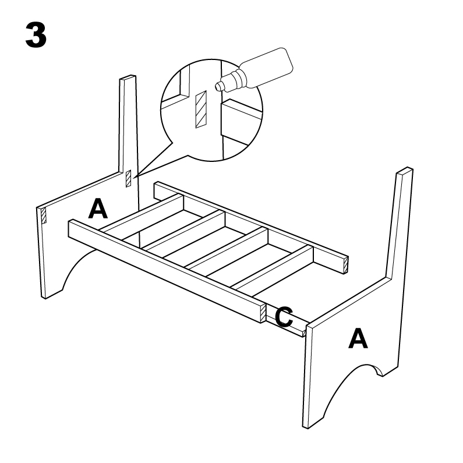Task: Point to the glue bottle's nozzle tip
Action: click(218, 86)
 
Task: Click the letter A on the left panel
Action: click(97, 208)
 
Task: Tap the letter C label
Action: click(284, 317)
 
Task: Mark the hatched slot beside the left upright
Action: click(129, 178)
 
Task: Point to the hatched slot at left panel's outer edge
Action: click(42, 215)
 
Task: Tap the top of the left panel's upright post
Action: click(128, 78)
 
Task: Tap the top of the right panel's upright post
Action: click(404, 172)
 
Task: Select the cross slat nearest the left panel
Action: click(145, 215)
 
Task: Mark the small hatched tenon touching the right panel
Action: click(304, 333)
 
